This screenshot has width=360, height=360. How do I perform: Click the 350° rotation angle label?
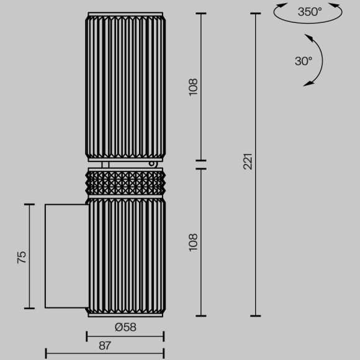(310, 11)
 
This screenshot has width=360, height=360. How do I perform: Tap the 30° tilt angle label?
(304, 61)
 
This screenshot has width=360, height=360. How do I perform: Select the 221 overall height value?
(248, 163)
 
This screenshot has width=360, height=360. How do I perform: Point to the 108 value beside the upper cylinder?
(192, 86)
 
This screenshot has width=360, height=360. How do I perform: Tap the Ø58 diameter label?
(125, 327)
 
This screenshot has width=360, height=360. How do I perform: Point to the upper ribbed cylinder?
(125, 87)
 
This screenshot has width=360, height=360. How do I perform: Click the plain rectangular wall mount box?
(65, 255)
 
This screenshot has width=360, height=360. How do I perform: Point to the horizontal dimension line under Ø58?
(125, 338)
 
